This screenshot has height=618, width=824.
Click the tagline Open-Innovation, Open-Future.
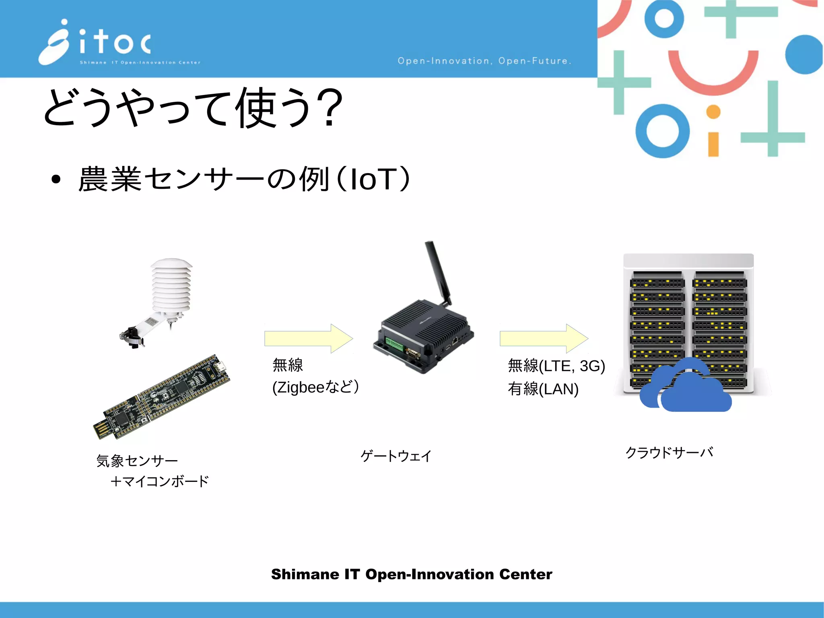click(484, 61)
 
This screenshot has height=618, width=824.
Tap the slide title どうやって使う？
click(193, 108)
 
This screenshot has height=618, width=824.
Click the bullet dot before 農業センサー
click(56, 180)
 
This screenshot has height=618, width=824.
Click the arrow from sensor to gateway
click(308, 338)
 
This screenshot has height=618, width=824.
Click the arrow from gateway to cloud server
click(544, 338)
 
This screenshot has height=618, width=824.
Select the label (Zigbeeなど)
click(315, 387)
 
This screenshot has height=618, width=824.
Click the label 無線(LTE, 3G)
click(556, 366)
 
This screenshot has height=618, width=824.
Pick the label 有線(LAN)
click(543, 389)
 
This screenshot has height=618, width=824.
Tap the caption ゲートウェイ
click(396, 456)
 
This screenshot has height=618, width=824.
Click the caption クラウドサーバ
click(669, 453)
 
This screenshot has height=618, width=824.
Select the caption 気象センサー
click(137, 461)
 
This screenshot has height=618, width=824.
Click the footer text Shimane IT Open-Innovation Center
click(412, 574)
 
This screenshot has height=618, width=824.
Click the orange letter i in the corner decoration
click(713, 133)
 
